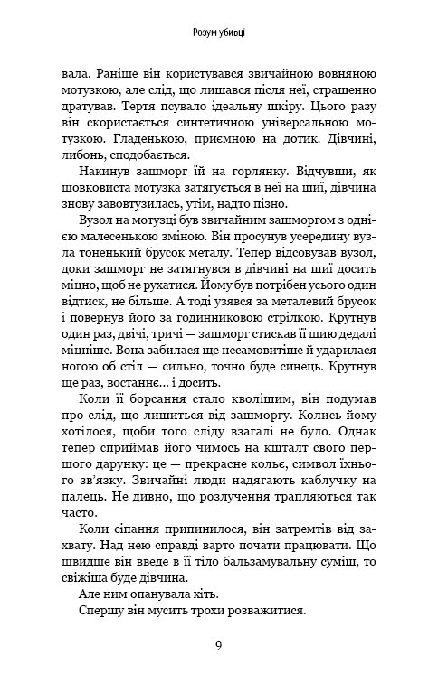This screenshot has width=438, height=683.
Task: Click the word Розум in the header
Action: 207,33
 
